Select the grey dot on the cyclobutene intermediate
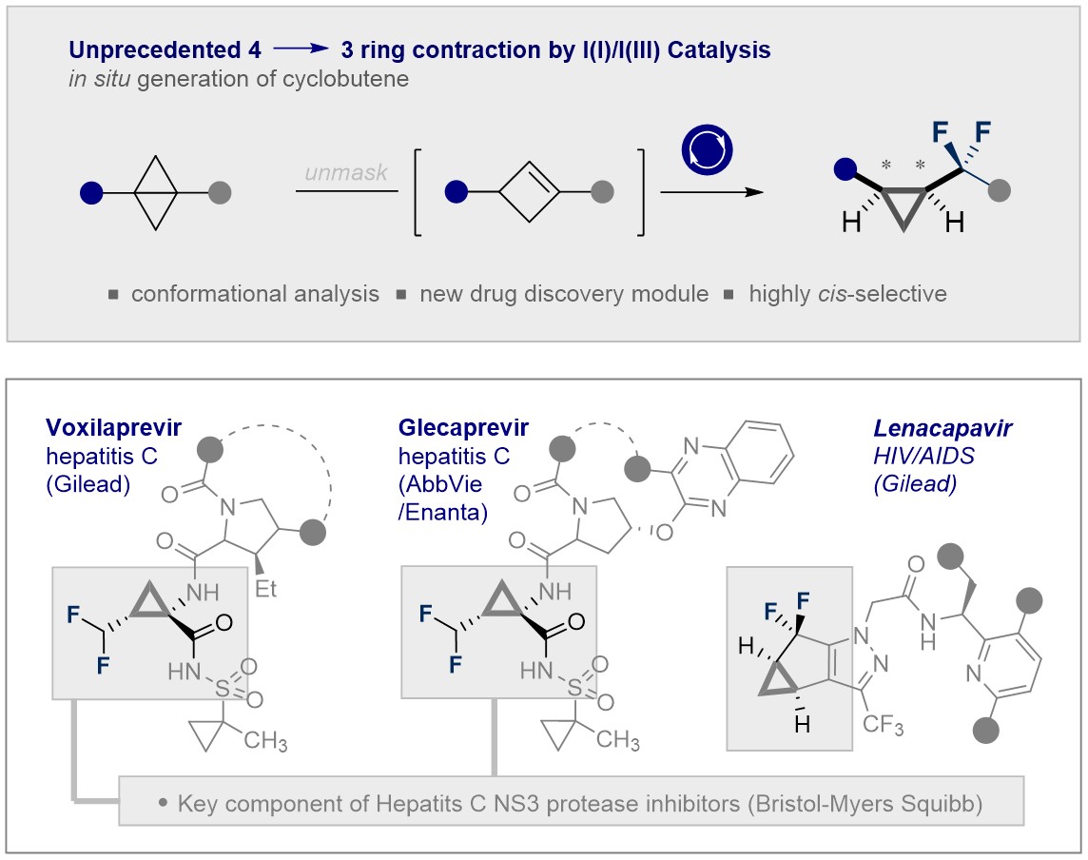point(601,193)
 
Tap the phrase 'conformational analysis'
point(254,293)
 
